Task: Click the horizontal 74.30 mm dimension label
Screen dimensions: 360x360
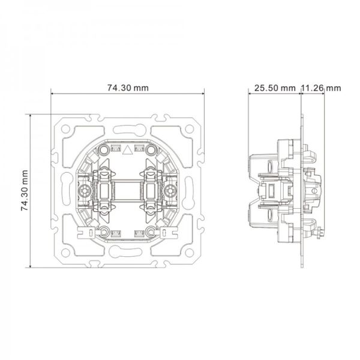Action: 128,88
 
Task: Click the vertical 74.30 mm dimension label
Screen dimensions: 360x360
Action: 25,191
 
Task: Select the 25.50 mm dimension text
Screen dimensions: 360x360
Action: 275,88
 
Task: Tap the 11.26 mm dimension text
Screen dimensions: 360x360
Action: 321,88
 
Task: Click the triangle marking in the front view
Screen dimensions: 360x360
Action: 127,151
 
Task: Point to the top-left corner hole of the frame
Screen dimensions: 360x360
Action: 65,129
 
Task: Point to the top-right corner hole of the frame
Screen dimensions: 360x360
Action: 189,129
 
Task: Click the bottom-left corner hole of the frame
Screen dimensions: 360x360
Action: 65,253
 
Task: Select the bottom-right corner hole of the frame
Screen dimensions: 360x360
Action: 189,253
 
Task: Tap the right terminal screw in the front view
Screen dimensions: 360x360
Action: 170,191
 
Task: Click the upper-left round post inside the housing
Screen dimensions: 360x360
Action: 104,150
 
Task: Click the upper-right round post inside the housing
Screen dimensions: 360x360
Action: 151,150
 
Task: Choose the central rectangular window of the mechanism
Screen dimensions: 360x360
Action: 127,191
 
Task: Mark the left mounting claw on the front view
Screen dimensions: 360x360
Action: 88,232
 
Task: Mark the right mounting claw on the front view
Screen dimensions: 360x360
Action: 166,232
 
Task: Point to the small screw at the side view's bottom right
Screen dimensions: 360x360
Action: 320,233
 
